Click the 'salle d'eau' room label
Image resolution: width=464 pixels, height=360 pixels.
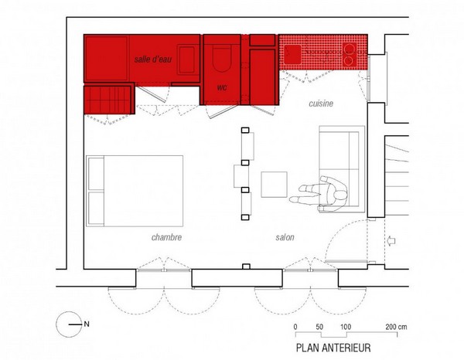(152, 59)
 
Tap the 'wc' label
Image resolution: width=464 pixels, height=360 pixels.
(222, 87)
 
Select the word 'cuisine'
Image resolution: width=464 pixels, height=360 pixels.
(321, 104)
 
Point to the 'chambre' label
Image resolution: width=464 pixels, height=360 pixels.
(166, 237)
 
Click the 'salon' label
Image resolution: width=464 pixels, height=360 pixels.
(285, 237)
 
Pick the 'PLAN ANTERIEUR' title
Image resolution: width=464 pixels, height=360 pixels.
(333, 348)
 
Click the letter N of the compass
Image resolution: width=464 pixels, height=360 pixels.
(87, 324)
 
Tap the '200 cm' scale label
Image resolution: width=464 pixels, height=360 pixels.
(396, 327)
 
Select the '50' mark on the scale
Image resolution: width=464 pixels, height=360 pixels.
(319, 327)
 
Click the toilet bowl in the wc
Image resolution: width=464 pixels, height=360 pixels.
(222, 59)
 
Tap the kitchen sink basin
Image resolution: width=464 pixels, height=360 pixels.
(292, 54)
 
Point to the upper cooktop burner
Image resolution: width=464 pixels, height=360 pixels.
(350, 48)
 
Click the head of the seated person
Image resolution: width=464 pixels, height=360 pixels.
(339, 196)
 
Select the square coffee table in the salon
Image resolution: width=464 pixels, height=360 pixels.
(274, 185)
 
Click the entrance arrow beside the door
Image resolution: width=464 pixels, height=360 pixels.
(391, 241)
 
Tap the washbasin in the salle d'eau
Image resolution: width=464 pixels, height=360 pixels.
(187, 59)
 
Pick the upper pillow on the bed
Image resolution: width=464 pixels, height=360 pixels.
(96, 174)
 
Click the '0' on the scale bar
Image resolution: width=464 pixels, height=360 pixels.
(295, 327)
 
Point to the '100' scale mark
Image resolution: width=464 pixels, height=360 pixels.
(346, 327)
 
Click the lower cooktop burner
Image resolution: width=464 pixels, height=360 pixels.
(349, 60)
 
